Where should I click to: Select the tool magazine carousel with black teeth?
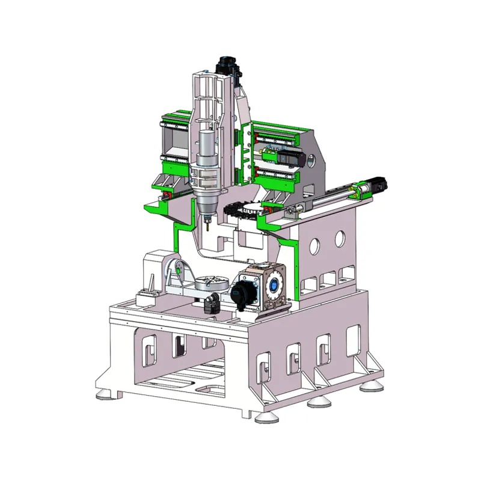pos(244,211)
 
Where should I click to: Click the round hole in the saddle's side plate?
pos(312,161)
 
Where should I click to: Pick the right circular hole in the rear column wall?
pos(340,238)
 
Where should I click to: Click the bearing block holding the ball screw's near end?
pos(294,212)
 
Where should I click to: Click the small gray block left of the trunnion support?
pos(147,297)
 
